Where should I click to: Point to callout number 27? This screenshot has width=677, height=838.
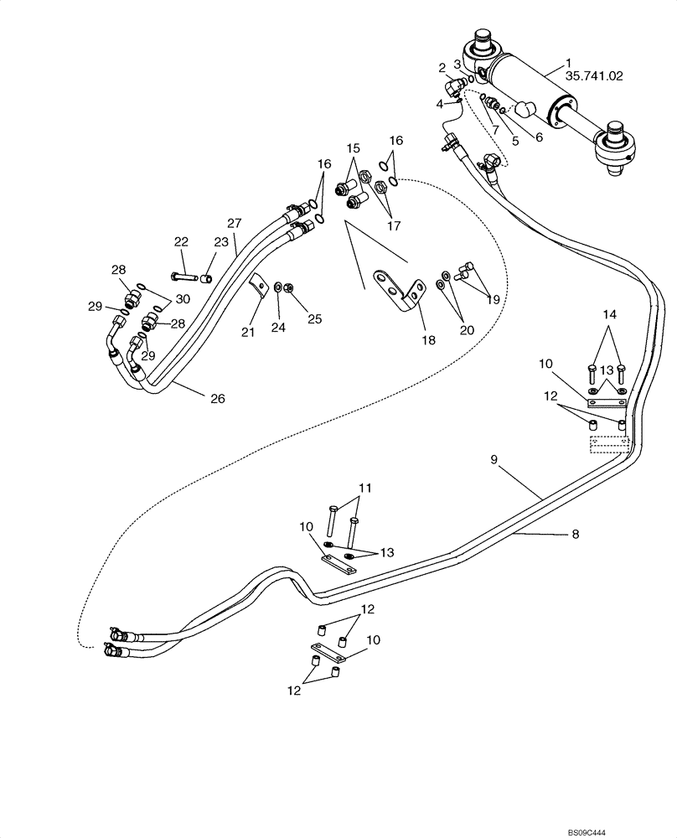(234, 223)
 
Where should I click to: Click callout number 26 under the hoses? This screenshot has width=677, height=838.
(217, 398)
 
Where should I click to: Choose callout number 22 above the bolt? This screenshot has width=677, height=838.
(181, 241)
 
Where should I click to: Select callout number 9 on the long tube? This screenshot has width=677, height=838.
(494, 458)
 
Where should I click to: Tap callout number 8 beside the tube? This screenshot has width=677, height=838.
(575, 533)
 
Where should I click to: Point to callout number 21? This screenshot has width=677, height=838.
(248, 333)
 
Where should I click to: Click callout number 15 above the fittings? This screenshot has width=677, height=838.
(353, 148)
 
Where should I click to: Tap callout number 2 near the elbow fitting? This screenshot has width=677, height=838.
(442, 66)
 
